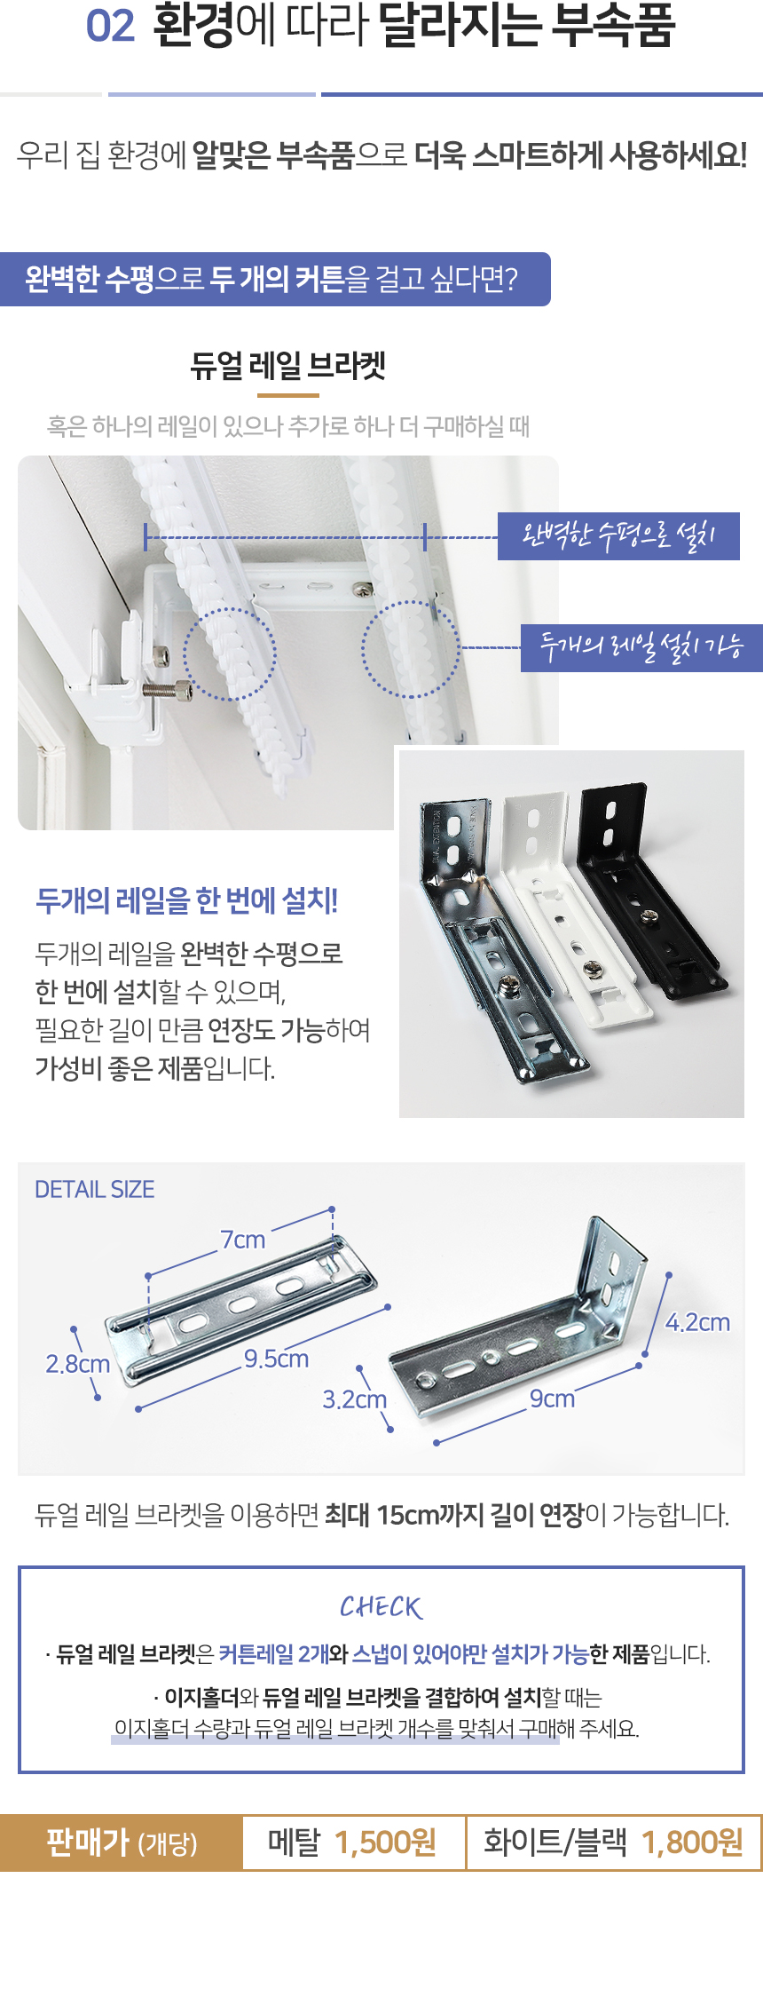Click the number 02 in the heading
[110, 27]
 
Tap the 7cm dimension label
[243, 1240]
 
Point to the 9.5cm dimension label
[277, 1359]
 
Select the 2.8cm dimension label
[78, 1364]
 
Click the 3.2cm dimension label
[355, 1399]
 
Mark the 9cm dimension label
[552, 1399]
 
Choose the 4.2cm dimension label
[698, 1322]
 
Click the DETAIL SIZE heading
[95, 1190]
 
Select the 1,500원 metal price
[386, 1843]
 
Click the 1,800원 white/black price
[693, 1843]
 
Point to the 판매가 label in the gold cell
[88, 1842]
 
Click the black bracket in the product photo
[648, 888]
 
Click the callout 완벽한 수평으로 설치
[618, 535]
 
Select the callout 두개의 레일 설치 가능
[641, 647]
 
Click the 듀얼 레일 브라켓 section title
[288, 366]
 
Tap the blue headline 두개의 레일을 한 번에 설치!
[187, 900]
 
